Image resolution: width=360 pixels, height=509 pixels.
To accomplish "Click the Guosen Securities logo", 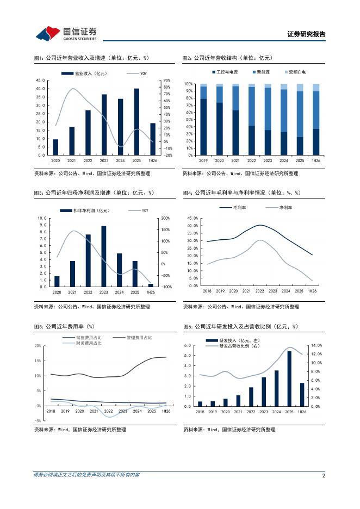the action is point(66,33).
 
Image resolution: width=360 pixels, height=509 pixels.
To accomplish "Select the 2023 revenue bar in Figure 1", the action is point(104,125).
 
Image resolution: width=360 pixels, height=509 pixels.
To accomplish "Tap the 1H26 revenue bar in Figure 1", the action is point(153,139).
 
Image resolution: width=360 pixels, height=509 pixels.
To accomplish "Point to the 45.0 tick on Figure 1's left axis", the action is point(41,80).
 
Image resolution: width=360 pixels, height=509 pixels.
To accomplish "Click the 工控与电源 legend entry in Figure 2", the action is point(225,72).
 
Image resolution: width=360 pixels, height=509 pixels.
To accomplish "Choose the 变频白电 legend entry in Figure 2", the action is point(295,72).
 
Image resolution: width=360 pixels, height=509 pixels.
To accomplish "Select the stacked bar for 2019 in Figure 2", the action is point(203,120).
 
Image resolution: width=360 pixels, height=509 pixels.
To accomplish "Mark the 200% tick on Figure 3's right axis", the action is point(165,218).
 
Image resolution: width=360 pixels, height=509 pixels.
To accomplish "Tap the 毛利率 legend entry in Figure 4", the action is point(233,207).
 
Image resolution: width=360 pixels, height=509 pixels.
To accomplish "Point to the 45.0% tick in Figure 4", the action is point(193,218).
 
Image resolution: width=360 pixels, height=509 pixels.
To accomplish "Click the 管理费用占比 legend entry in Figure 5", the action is point(133,338).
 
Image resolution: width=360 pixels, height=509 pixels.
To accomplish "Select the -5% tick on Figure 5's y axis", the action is point(38,421).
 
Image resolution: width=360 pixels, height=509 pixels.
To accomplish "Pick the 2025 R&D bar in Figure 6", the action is point(289,379).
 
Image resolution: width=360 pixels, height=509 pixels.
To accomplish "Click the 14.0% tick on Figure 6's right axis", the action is point(316,345).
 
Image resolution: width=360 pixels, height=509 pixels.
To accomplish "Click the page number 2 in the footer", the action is point(324,476).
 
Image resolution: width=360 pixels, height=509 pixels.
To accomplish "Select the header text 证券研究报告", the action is point(306,34).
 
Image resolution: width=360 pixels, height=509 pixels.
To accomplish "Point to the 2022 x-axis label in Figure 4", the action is point(260,291).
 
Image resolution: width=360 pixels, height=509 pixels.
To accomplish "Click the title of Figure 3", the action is point(94,193).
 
